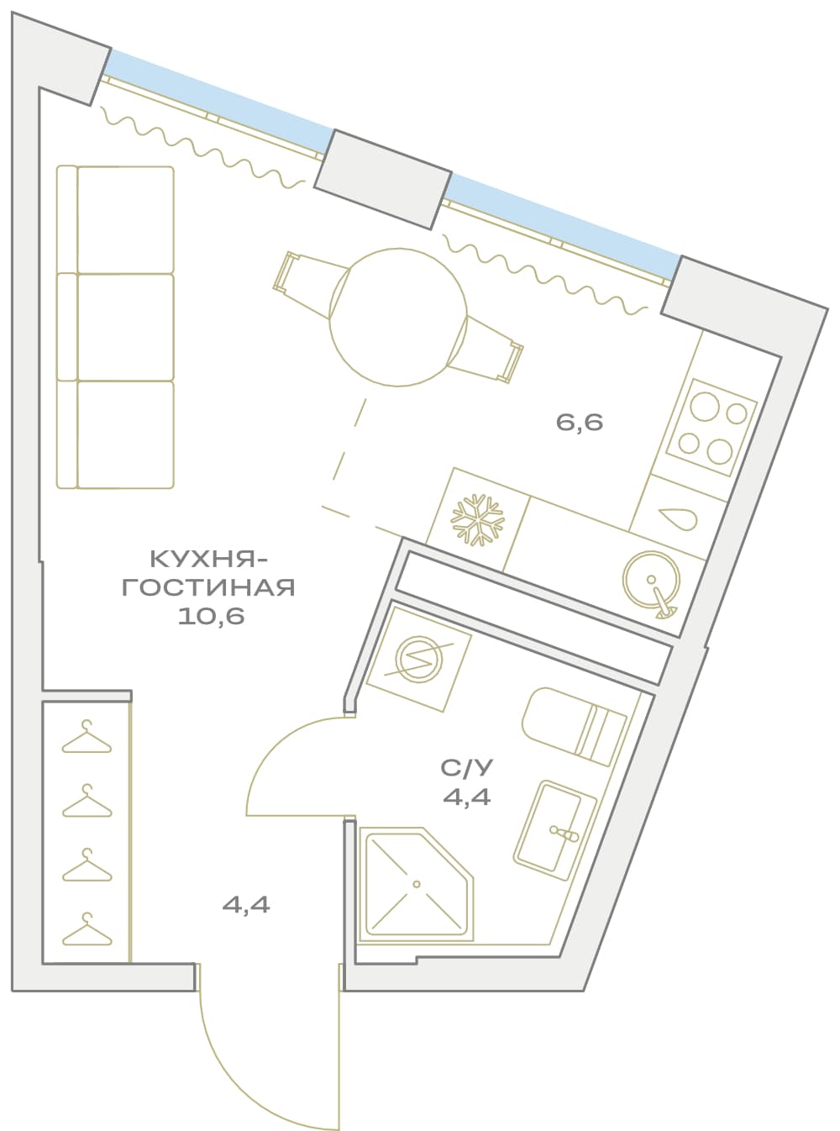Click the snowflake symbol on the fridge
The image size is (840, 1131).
[x=478, y=518]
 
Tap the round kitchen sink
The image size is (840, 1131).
[x=651, y=581]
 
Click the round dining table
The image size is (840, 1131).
[x=399, y=317]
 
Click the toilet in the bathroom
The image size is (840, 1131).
[x=574, y=726]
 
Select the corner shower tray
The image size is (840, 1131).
[x=416, y=884]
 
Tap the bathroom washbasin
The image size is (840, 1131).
[x=554, y=829]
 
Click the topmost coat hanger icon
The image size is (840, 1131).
[x=87, y=736]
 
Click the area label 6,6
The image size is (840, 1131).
[x=580, y=423]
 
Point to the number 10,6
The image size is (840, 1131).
[x=211, y=617]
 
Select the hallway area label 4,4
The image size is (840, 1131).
[x=246, y=905]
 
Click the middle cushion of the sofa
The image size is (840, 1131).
[x=125, y=327]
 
